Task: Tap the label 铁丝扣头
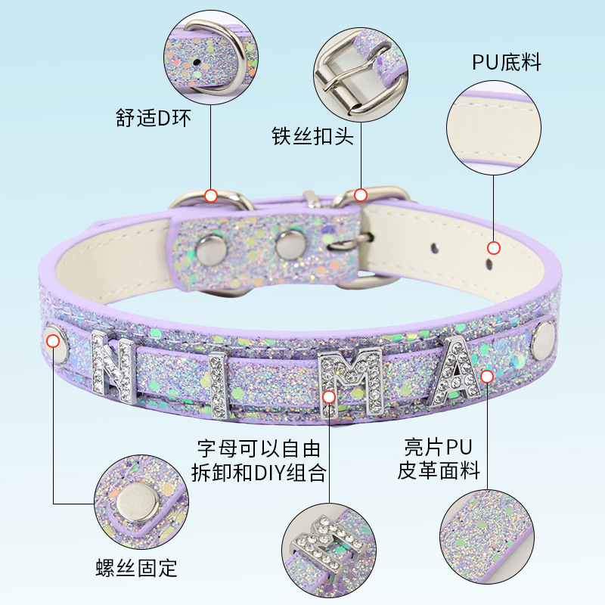312,137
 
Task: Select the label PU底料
507,62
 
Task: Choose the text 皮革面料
439,470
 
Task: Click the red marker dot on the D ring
211,196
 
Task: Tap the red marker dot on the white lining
494,247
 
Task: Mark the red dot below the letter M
328,396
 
